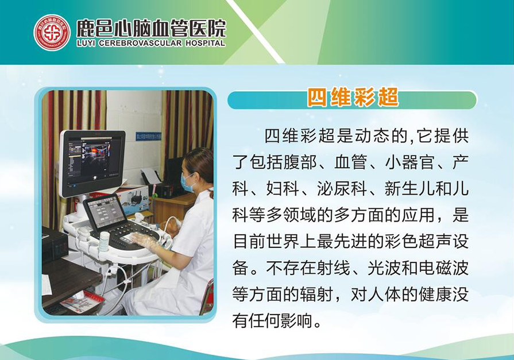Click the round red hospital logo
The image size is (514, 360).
pos(52,33)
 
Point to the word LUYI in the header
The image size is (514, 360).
pos(86,43)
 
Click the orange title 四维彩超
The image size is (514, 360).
pos(353,97)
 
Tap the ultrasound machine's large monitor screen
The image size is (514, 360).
pos(93,162)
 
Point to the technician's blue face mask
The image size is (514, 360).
pos(188,183)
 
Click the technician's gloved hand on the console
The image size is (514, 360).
pos(145,241)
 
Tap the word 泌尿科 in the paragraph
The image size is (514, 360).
pos(342,189)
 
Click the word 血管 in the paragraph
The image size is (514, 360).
pos(350,162)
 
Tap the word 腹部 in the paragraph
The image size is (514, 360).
pos(300,162)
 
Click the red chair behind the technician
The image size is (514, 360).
pos(208,296)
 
